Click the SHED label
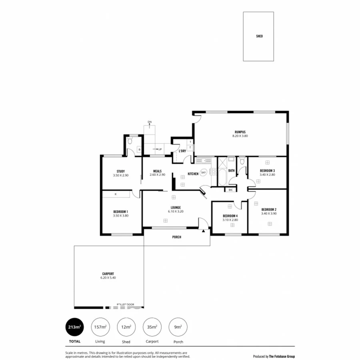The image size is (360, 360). [259, 36]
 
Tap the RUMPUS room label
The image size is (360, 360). [240, 132]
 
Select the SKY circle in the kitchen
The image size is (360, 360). [203, 172]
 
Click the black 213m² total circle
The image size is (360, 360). [74, 327]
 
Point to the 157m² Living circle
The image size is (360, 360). [100, 327]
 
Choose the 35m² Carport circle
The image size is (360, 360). [152, 327]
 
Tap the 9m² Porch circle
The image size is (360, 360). [178, 327]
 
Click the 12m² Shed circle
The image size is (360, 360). [126, 327]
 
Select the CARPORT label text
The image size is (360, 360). [108, 274]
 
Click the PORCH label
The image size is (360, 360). [176, 237]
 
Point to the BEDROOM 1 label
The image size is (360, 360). [120, 212]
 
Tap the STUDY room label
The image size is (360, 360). [120, 171]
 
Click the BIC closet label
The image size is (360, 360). [230, 190]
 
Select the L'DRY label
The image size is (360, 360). [182, 151]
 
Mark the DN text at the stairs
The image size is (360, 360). [150, 122]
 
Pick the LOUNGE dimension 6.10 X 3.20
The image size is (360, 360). [176, 212]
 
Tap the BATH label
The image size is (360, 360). [231, 171]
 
